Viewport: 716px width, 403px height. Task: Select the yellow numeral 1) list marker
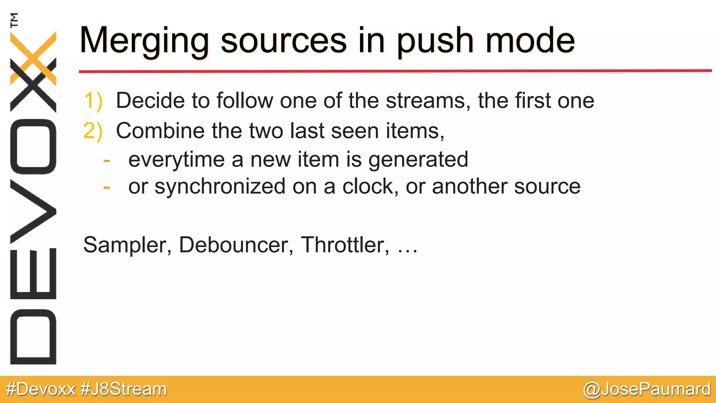click(x=93, y=101)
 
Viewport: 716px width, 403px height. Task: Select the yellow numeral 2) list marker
click(x=93, y=131)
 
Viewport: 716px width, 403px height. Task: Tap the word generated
click(x=418, y=160)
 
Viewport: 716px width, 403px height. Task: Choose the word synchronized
click(x=220, y=186)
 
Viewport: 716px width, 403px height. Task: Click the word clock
click(x=370, y=186)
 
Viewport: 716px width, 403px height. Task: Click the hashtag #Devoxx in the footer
click(x=41, y=389)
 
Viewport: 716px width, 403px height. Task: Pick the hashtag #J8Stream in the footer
click(x=124, y=389)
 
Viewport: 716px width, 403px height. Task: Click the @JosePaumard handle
click(x=647, y=389)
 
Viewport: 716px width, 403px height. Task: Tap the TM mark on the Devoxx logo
click(x=14, y=20)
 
